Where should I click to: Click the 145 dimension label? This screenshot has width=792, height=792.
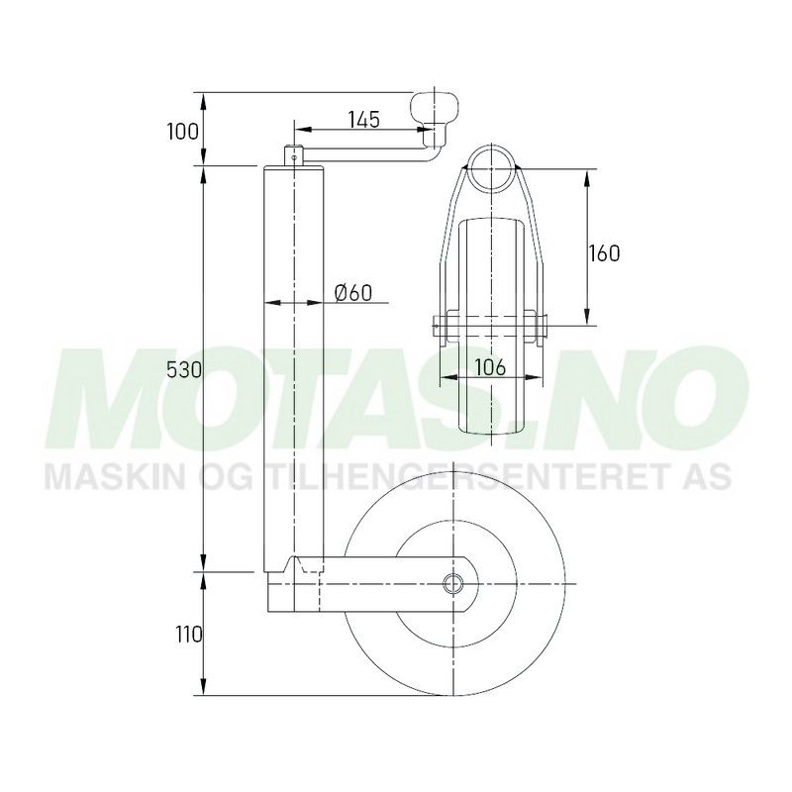point(363,119)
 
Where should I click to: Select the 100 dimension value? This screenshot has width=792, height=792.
point(183,132)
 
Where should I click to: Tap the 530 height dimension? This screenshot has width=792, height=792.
point(184,370)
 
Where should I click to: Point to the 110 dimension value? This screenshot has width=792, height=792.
point(189,635)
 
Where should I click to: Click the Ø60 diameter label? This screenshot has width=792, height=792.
point(353,292)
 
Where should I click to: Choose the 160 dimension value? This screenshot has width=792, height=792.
point(604,253)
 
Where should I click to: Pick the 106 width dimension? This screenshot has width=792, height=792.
point(490,367)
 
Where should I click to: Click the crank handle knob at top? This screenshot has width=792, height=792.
point(434,110)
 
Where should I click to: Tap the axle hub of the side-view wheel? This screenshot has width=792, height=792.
point(453,583)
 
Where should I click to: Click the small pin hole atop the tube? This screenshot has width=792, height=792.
point(294,156)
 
